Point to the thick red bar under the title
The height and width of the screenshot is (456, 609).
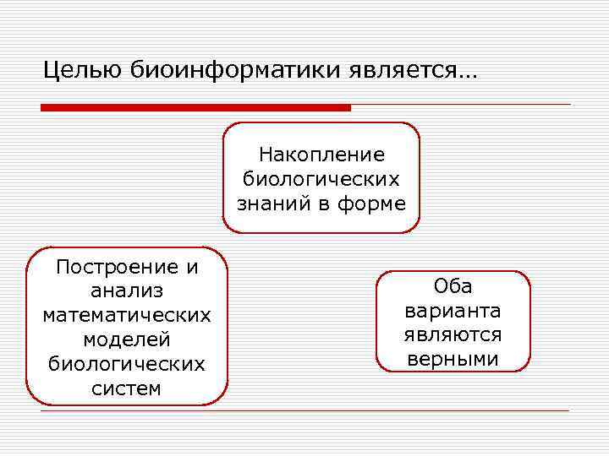pyautogui.click(x=195, y=108)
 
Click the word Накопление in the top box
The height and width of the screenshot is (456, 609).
pyautogui.click(x=321, y=155)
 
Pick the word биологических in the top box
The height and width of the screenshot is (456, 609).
pyautogui.click(x=321, y=179)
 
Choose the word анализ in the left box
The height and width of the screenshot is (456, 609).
pyautogui.click(x=127, y=291)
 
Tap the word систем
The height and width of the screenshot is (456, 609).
pyautogui.click(x=127, y=388)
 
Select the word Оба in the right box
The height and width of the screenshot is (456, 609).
pyautogui.click(x=453, y=286)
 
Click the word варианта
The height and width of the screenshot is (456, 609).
pyautogui.click(x=453, y=311)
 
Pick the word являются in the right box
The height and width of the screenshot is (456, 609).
pyautogui.click(x=453, y=335)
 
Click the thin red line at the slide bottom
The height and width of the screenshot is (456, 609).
pyautogui.click(x=304, y=411)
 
